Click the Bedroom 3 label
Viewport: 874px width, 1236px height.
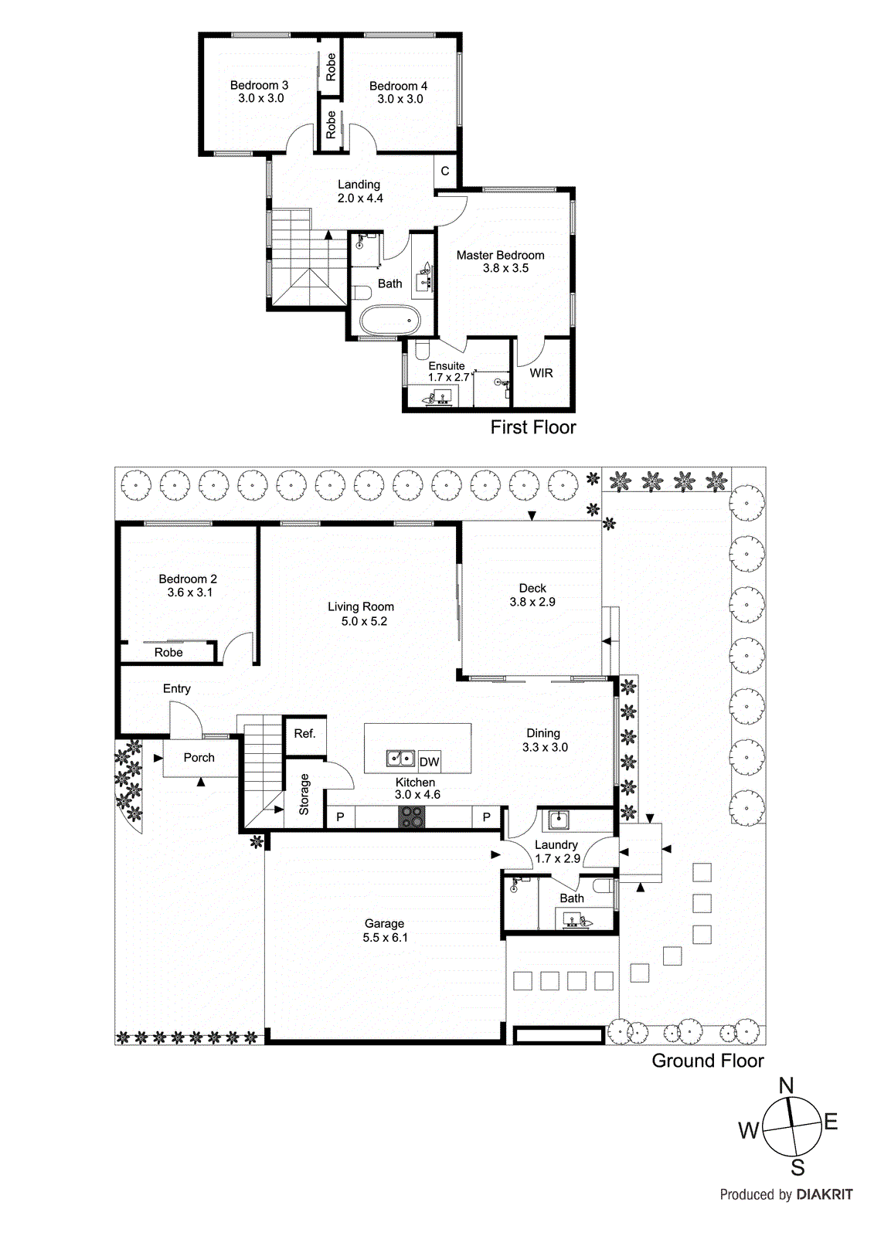(x=259, y=85)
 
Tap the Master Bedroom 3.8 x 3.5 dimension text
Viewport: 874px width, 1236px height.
(x=505, y=268)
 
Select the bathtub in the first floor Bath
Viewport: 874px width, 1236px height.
(x=390, y=319)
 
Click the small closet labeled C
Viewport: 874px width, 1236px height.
(x=445, y=171)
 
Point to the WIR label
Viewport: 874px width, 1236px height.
(x=541, y=372)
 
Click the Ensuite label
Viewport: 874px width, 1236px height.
(x=447, y=365)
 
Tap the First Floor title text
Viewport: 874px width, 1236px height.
(x=532, y=427)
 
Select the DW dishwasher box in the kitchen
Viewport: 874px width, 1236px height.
(x=430, y=762)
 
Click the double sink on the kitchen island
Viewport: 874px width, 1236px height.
(x=401, y=759)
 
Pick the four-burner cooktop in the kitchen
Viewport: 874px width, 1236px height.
(x=412, y=817)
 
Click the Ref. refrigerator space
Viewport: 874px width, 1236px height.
(x=304, y=733)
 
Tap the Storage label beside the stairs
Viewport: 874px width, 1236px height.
(x=304, y=794)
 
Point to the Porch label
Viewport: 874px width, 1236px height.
(x=199, y=758)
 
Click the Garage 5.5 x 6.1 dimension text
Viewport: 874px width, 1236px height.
(x=385, y=937)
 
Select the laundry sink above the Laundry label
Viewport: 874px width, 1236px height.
(x=558, y=819)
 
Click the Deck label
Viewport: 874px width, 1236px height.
(x=532, y=588)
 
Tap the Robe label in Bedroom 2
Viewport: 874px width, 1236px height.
(x=168, y=652)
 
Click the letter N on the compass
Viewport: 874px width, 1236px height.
(x=786, y=1085)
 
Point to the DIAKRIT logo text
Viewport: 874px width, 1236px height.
(x=824, y=1194)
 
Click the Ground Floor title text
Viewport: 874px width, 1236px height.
(x=707, y=1061)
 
